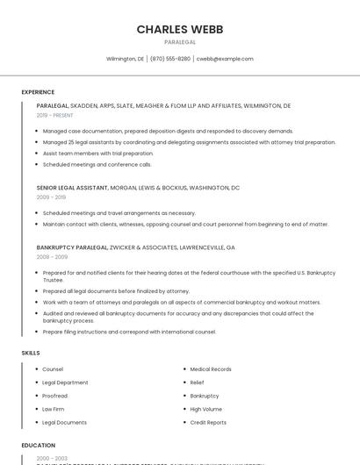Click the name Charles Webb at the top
coord(180,29)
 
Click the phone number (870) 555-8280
coord(170,59)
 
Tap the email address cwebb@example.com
coord(225,59)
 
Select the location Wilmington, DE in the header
coord(125,59)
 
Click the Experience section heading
coord(38,92)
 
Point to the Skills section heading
coord(31,353)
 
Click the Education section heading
coord(39,446)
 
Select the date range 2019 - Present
coord(55,115)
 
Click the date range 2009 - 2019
coord(50,197)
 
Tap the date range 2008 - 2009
coord(52,257)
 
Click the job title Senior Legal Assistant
coord(72,188)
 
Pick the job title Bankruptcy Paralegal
coord(73,247)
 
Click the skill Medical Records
coord(211,369)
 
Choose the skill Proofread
coord(55,396)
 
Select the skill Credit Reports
coord(208,422)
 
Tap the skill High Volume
coord(206,409)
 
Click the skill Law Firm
coord(54,409)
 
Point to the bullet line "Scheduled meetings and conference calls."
coord(97,164)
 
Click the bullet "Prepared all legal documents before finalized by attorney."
coord(116,291)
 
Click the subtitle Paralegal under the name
coord(180,41)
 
